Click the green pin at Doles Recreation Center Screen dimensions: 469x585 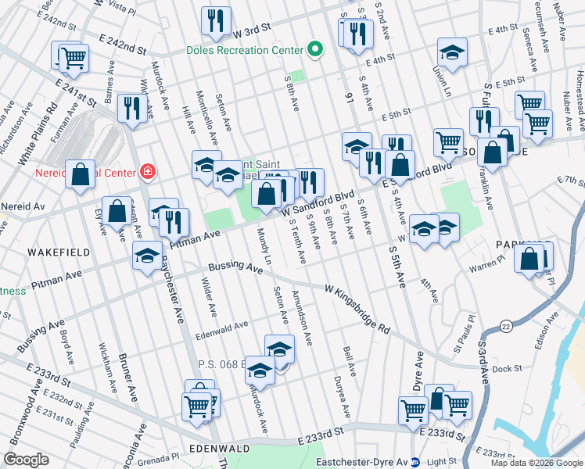tap(314, 49)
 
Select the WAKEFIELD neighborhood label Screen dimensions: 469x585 tap(53, 252)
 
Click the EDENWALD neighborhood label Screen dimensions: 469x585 tap(219, 449)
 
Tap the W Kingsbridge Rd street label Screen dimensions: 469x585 tap(357, 307)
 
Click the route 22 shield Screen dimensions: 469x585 tap(507, 325)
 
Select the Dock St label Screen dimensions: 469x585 tap(507, 368)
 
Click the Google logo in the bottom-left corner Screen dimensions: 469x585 tap(27, 460)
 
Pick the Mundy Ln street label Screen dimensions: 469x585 tap(265, 247)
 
